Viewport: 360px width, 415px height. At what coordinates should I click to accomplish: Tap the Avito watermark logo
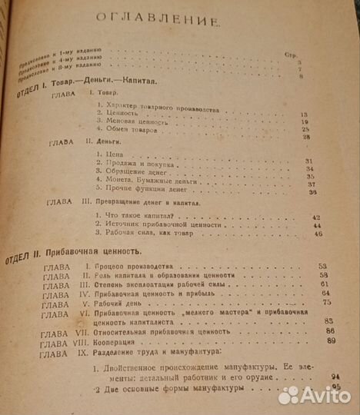[x=315, y=395]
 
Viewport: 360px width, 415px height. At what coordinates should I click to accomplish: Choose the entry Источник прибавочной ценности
[x=155, y=227]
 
